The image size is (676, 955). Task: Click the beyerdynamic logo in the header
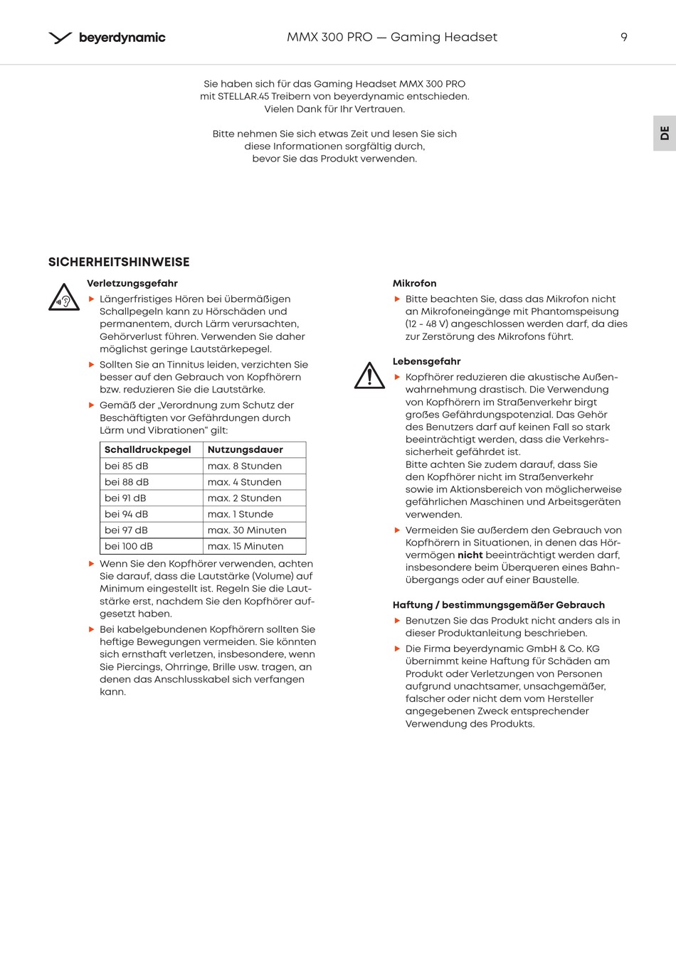pyautogui.click(x=107, y=38)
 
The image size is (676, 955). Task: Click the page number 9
pyautogui.click(x=624, y=37)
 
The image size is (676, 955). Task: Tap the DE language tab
pyautogui.click(x=665, y=133)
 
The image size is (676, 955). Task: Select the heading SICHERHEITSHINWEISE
pyautogui.click(x=119, y=262)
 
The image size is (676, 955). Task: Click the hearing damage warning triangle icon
pyautogui.click(x=64, y=298)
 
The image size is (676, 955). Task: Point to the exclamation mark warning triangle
pyautogui.click(x=369, y=376)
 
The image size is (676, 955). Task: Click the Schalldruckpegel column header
pyautogui.click(x=148, y=449)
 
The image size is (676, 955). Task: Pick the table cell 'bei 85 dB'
pyautogui.click(x=127, y=466)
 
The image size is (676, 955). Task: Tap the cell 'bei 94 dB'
pyautogui.click(x=127, y=514)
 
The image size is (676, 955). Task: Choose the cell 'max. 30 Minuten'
pyautogui.click(x=247, y=530)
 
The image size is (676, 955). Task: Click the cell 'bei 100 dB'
pyautogui.click(x=129, y=546)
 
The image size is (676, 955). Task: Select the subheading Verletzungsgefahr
pyautogui.click(x=132, y=283)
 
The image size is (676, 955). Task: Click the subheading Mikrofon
pyautogui.click(x=415, y=283)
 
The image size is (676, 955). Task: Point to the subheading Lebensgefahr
pyautogui.click(x=427, y=361)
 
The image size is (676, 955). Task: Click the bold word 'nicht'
pyautogui.click(x=470, y=555)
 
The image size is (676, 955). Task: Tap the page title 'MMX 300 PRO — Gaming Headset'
pyautogui.click(x=392, y=37)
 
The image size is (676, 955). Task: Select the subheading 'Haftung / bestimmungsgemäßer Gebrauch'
pyautogui.click(x=499, y=604)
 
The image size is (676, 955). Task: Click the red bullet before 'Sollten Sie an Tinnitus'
pyautogui.click(x=92, y=364)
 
